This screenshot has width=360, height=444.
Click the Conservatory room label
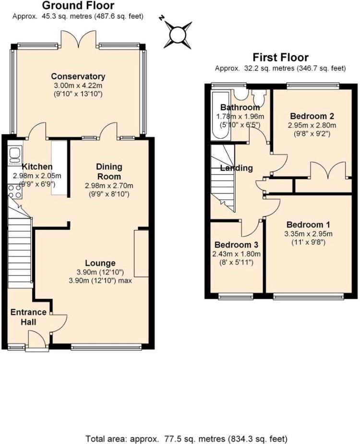78,76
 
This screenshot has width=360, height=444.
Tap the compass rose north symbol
178,35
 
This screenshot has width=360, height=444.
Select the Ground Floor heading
78,5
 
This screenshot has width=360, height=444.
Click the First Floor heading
280,58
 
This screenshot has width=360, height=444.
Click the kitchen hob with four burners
15,191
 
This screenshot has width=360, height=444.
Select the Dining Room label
109,171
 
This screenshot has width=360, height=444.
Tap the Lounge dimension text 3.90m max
100,281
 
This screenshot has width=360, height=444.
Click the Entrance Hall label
28,317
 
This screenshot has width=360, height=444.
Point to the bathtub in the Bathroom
221,115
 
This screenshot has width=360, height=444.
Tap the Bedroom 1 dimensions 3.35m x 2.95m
308,234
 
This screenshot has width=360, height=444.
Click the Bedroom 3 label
237,245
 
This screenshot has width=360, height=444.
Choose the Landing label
237,168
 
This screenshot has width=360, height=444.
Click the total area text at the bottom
186,439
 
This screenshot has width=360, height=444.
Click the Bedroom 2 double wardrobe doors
328,170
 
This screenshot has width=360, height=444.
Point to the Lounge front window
106,347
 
